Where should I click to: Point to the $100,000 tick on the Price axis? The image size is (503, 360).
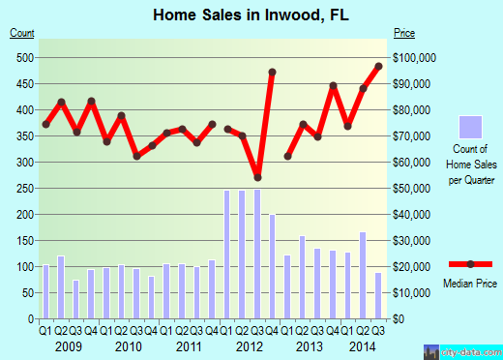coord(417,58)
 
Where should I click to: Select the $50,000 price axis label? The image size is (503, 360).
coord(414,188)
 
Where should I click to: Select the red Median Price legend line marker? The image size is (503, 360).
coord(470,263)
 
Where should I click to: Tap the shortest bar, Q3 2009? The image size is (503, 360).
coord(75,300)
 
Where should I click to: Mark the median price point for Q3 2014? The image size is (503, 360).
coord(378,67)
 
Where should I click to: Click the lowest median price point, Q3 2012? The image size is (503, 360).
coord(257,177)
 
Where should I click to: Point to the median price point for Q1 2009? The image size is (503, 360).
coord(45,124)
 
